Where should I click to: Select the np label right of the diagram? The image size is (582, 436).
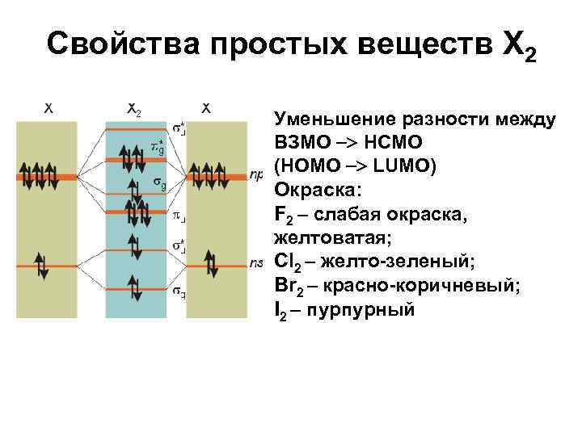(x=258, y=174)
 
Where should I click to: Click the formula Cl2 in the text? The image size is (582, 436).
(x=288, y=262)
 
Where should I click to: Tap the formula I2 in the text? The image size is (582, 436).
(x=280, y=308)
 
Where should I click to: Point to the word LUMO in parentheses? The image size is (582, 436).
(x=408, y=167)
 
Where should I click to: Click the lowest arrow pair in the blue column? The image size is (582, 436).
(x=135, y=289)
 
